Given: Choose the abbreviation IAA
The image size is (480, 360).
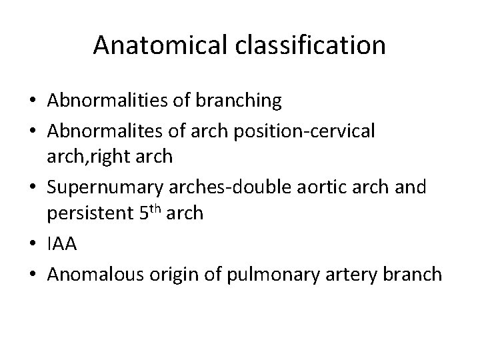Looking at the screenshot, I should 62,245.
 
